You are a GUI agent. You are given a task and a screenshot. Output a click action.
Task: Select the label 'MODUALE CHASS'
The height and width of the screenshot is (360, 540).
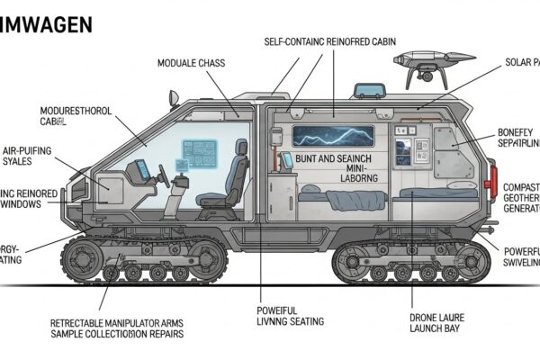(192, 64)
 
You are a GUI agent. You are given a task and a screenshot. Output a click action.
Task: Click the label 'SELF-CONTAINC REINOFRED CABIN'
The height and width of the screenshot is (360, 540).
(330, 41)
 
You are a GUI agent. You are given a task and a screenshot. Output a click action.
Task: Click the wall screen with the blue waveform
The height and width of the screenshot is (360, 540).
(332, 136)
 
